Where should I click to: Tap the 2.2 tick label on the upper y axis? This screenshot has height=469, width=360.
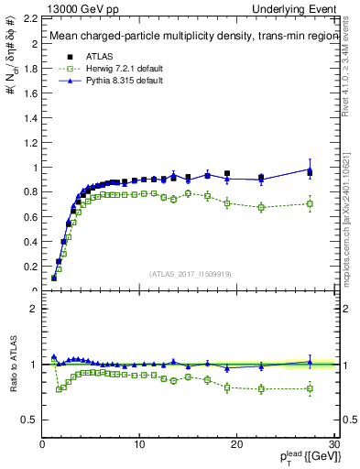29,18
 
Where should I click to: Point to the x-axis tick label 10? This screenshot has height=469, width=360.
139,445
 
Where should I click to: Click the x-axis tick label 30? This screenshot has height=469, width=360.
333,445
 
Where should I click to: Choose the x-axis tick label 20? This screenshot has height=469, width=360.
236,445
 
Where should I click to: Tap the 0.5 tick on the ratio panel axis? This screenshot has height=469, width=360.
29,420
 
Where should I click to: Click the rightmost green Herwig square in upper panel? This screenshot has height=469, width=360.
310,203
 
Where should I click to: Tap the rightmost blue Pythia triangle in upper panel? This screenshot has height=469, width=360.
310,169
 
